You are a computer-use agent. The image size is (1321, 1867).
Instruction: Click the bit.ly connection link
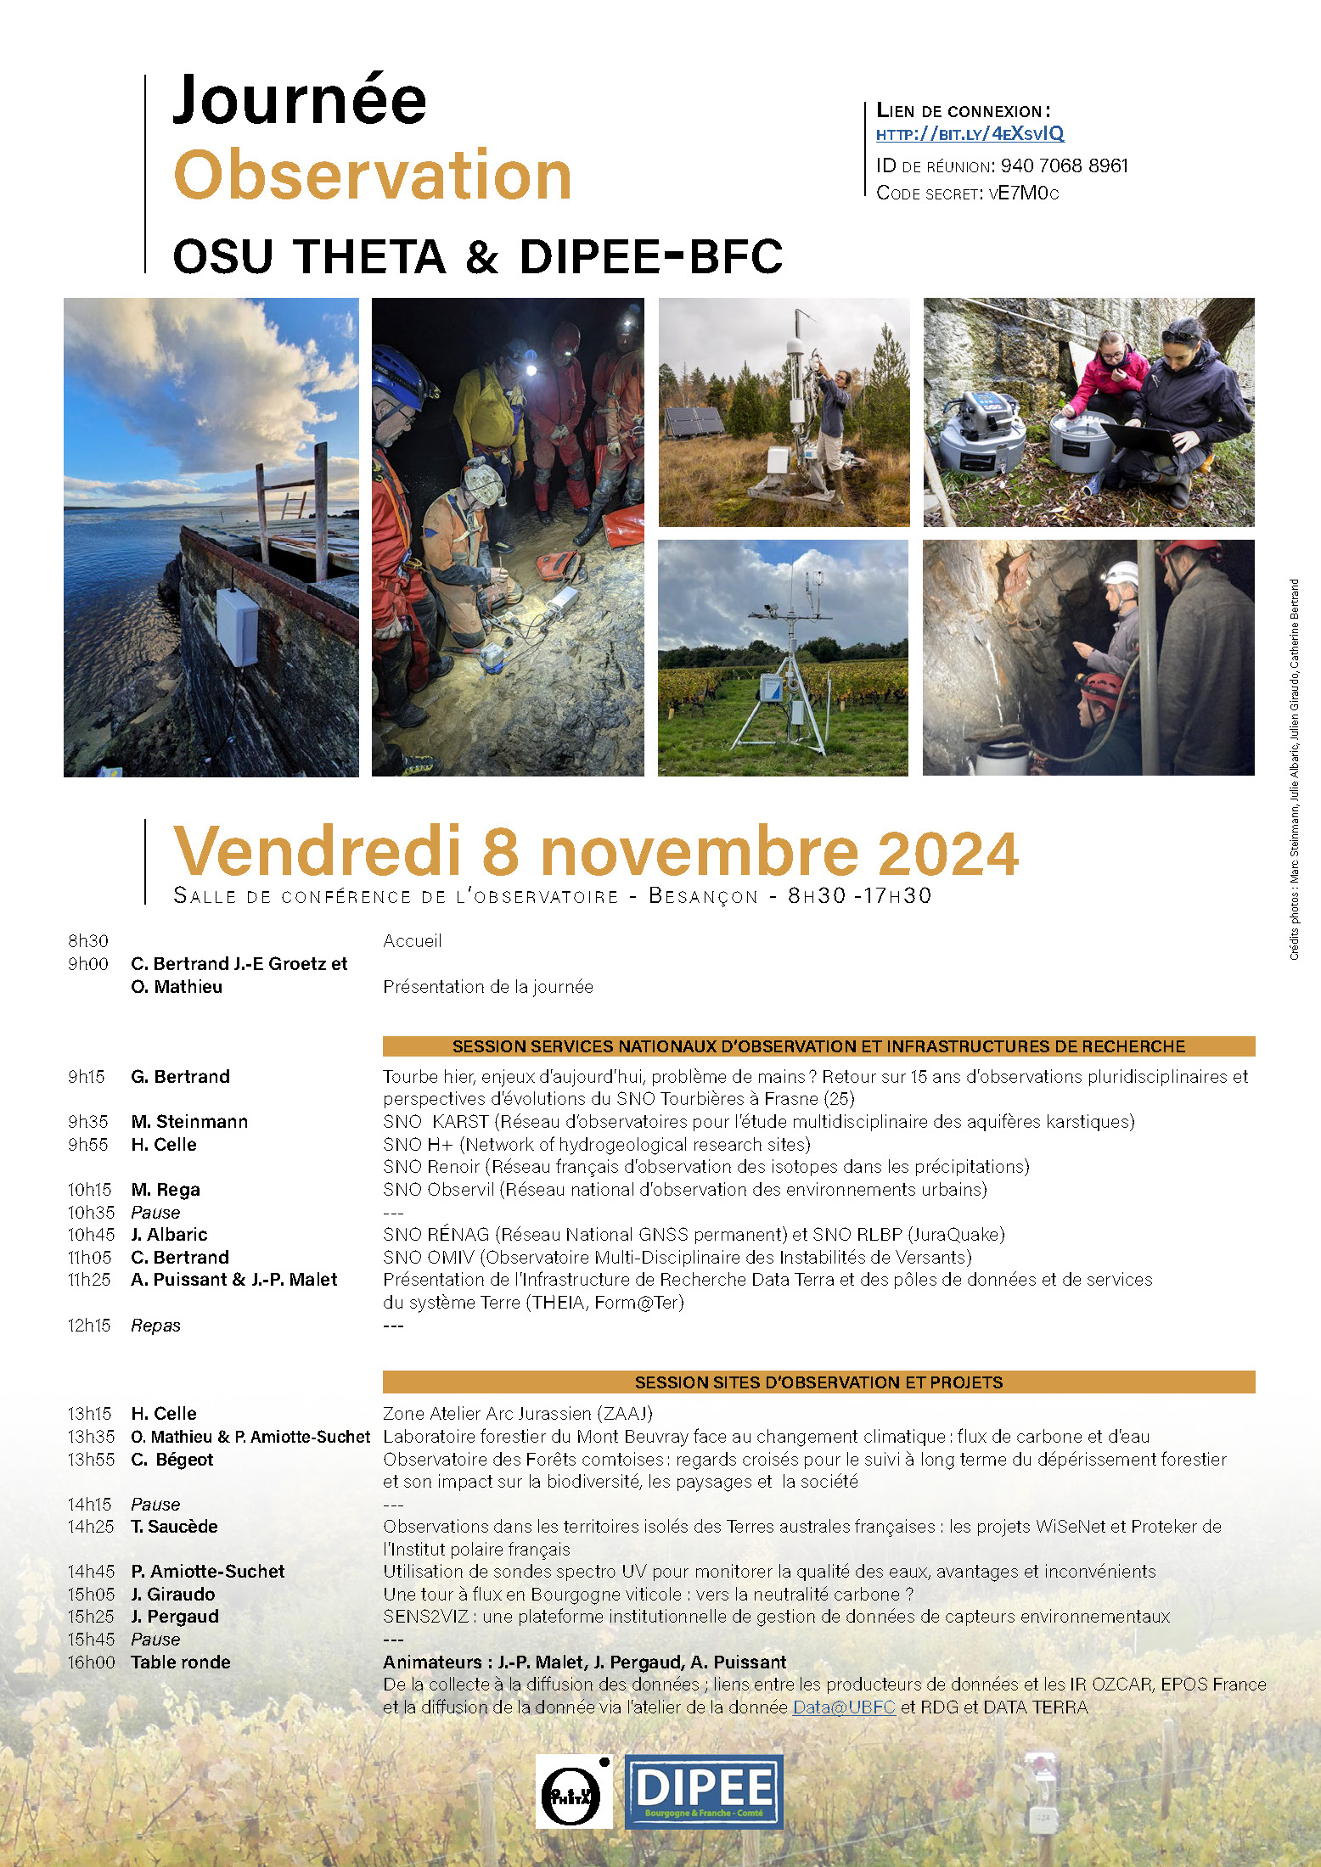click(970, 134)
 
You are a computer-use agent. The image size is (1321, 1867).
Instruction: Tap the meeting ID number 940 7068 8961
click(1065, 165)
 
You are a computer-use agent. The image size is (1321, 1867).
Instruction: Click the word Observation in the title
click(373, 176)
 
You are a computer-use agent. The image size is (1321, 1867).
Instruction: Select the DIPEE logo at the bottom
click(704, 1791)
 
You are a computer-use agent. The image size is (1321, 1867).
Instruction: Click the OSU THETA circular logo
click(573, 1791)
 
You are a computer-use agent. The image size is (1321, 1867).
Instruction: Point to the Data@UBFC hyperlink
click(844, 1707)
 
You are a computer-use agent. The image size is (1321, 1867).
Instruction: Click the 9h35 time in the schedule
click(88, 1122)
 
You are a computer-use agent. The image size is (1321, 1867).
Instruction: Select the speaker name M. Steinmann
click(189, 1122)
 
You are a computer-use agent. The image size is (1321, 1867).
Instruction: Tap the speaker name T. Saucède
click(174, 1527)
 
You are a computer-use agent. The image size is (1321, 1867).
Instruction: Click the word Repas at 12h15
click(155, 1326)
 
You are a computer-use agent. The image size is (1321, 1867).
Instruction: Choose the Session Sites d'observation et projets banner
click(818, 1382)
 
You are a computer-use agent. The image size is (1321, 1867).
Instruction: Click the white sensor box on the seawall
click(238, 627)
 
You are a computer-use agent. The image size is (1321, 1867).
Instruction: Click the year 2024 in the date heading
click(947, 853)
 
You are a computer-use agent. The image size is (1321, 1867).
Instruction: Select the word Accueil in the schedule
click(412, 941)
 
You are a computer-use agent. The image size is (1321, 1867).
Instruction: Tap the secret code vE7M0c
click(1024, 193)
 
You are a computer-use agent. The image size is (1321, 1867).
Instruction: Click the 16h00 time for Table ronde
click(91, 1662)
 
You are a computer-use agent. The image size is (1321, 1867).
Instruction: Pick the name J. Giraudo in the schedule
click(173, 1595)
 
